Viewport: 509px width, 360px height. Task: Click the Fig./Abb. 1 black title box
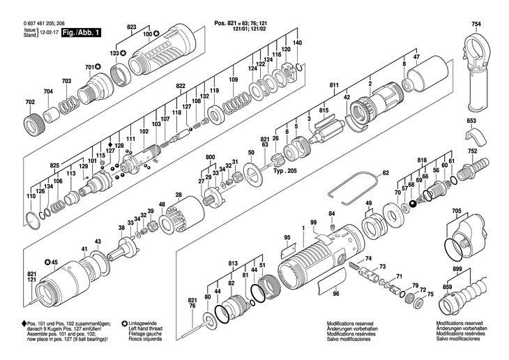(x=81, y=33)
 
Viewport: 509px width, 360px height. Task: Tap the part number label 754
(x=476, y=24)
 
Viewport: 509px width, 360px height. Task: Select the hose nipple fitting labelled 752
(x=475, y=166)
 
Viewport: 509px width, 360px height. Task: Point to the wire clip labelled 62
(x=354, y=190)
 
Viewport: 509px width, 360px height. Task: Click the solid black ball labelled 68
(x=413, y=204)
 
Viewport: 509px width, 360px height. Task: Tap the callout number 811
(x=334, y=85)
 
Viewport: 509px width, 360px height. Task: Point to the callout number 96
(x=336, y=294)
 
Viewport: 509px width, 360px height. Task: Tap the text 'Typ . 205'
(x=284, y=171)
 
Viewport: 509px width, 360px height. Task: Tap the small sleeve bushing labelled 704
(x=52, y=113)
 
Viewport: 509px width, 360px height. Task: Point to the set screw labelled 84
(x=332, y=227)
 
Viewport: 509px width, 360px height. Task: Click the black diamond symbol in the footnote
(x=24, y=324)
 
